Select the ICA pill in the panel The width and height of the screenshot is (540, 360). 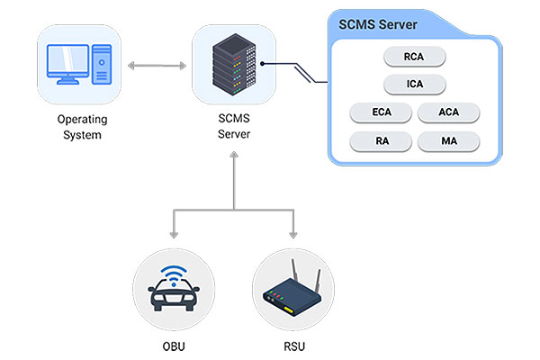(415, 85)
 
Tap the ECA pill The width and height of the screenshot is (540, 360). (381, 113)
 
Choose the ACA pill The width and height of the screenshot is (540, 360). (449, 113)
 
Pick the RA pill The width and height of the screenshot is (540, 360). (381, 141)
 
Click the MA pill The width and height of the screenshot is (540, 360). (449, 141)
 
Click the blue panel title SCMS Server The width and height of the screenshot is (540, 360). (377, 22)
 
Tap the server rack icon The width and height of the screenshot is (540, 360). (233, 65)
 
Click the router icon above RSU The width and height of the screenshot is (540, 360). (293, 295)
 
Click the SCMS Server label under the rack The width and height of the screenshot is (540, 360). (233, 127)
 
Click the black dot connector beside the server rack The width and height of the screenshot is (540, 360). (262, 66)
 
